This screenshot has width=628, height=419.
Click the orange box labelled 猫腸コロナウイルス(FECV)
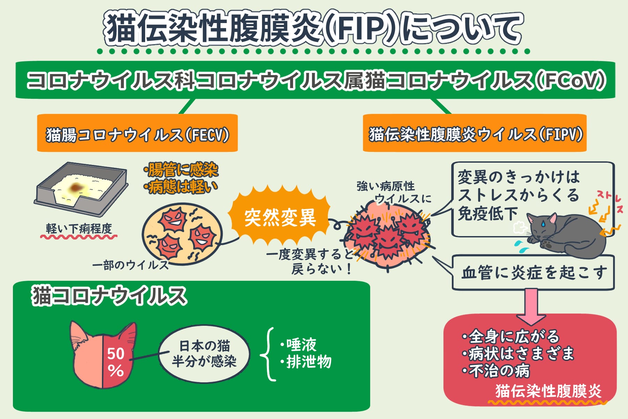point(137,133)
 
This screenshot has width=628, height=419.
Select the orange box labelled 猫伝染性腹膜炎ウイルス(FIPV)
point(474,133)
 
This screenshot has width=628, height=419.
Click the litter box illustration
point(81,189)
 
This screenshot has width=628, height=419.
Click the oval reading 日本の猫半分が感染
point(204,354)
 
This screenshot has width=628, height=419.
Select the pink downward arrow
point(531,306)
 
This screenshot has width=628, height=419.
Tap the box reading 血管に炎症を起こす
point(533,273)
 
